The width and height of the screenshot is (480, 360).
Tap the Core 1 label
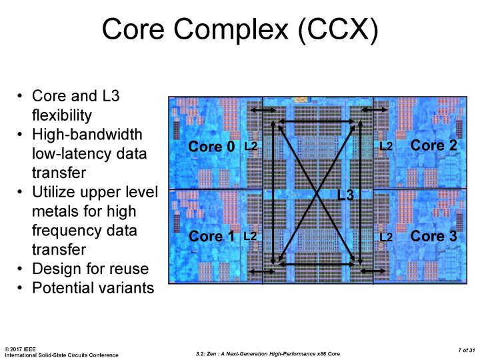212,236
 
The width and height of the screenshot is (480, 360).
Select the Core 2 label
434,145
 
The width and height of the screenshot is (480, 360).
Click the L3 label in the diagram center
345,195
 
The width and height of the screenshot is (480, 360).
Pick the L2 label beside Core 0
251,145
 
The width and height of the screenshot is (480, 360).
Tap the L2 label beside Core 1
251,236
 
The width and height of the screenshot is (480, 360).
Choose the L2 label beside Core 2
386,145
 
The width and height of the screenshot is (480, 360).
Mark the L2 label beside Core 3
386,236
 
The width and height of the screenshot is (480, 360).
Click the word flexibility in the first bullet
64,115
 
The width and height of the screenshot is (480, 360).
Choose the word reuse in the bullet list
129,269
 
